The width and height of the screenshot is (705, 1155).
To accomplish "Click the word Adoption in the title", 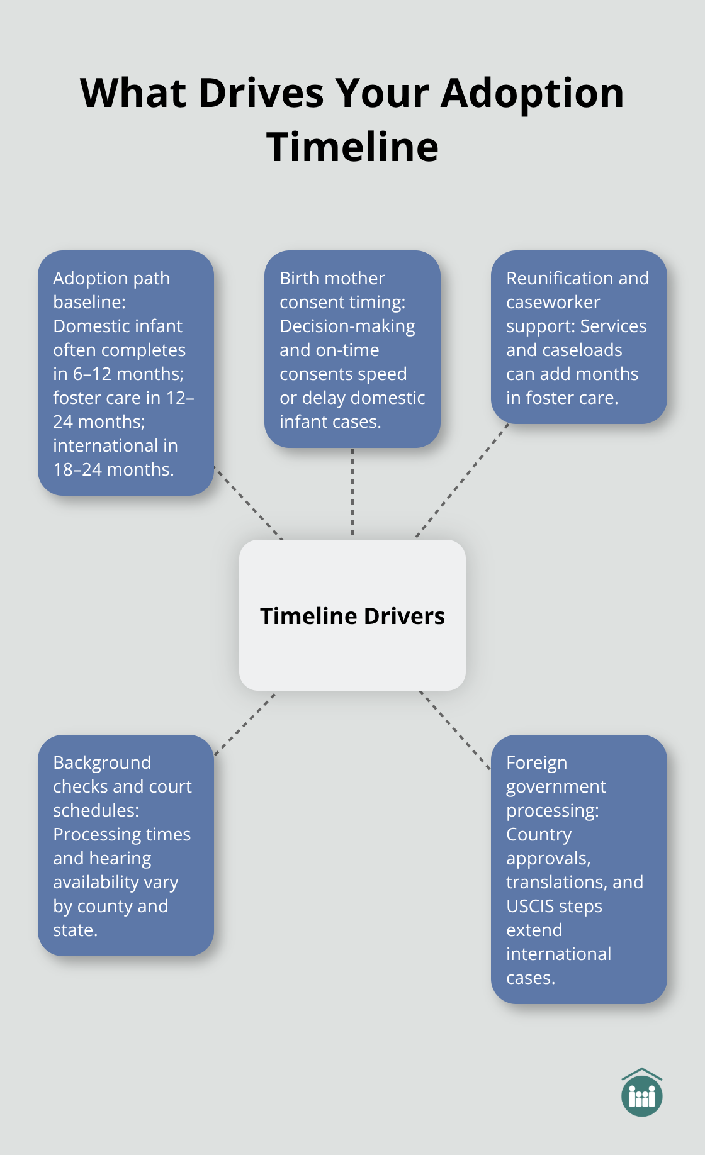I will (532, 93).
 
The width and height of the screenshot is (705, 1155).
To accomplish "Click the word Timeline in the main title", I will (352, 147).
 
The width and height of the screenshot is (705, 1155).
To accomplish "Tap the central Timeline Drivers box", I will (352, 615).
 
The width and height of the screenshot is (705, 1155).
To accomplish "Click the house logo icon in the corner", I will (641, 1093).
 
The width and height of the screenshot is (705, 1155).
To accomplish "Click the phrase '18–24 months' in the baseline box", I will (113, 469).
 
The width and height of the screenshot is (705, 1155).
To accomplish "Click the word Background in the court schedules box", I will (102, 762).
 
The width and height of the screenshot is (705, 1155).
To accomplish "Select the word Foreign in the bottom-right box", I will (536, 762).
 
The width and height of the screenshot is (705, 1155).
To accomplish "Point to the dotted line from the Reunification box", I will (463, 481).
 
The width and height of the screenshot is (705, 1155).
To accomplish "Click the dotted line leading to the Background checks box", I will (246, 723).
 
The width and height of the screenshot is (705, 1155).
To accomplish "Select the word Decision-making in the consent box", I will (347, 326).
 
